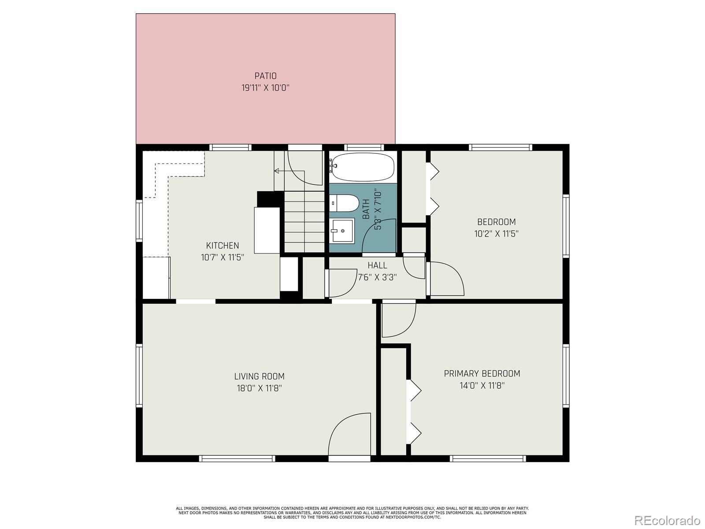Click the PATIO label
[265, 76]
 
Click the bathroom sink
[343, 230]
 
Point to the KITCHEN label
[223, 246]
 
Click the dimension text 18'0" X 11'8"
[259, 388]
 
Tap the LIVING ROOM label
[259, 376]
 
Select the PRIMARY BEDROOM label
[482, 373]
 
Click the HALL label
[377, 265]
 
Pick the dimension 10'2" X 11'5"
[496, 234]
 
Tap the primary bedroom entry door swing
[398, 320]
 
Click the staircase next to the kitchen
[304, 220]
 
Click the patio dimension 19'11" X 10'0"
[265, 88]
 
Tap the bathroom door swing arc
[379, 236]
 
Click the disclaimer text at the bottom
[352, 513]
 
